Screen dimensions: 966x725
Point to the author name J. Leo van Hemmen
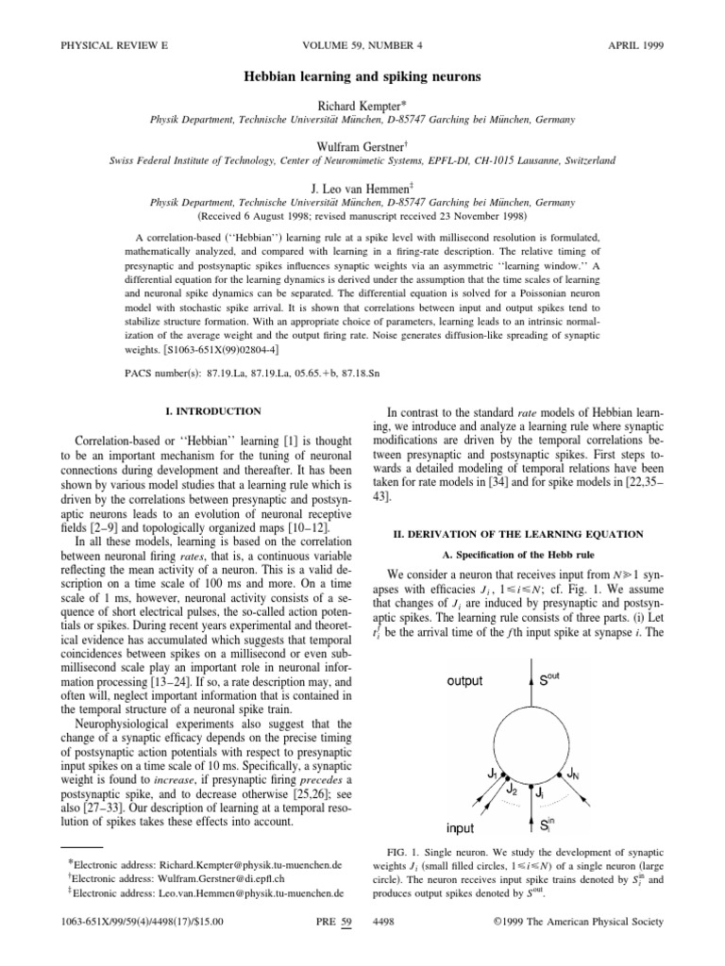click(362, 188)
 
